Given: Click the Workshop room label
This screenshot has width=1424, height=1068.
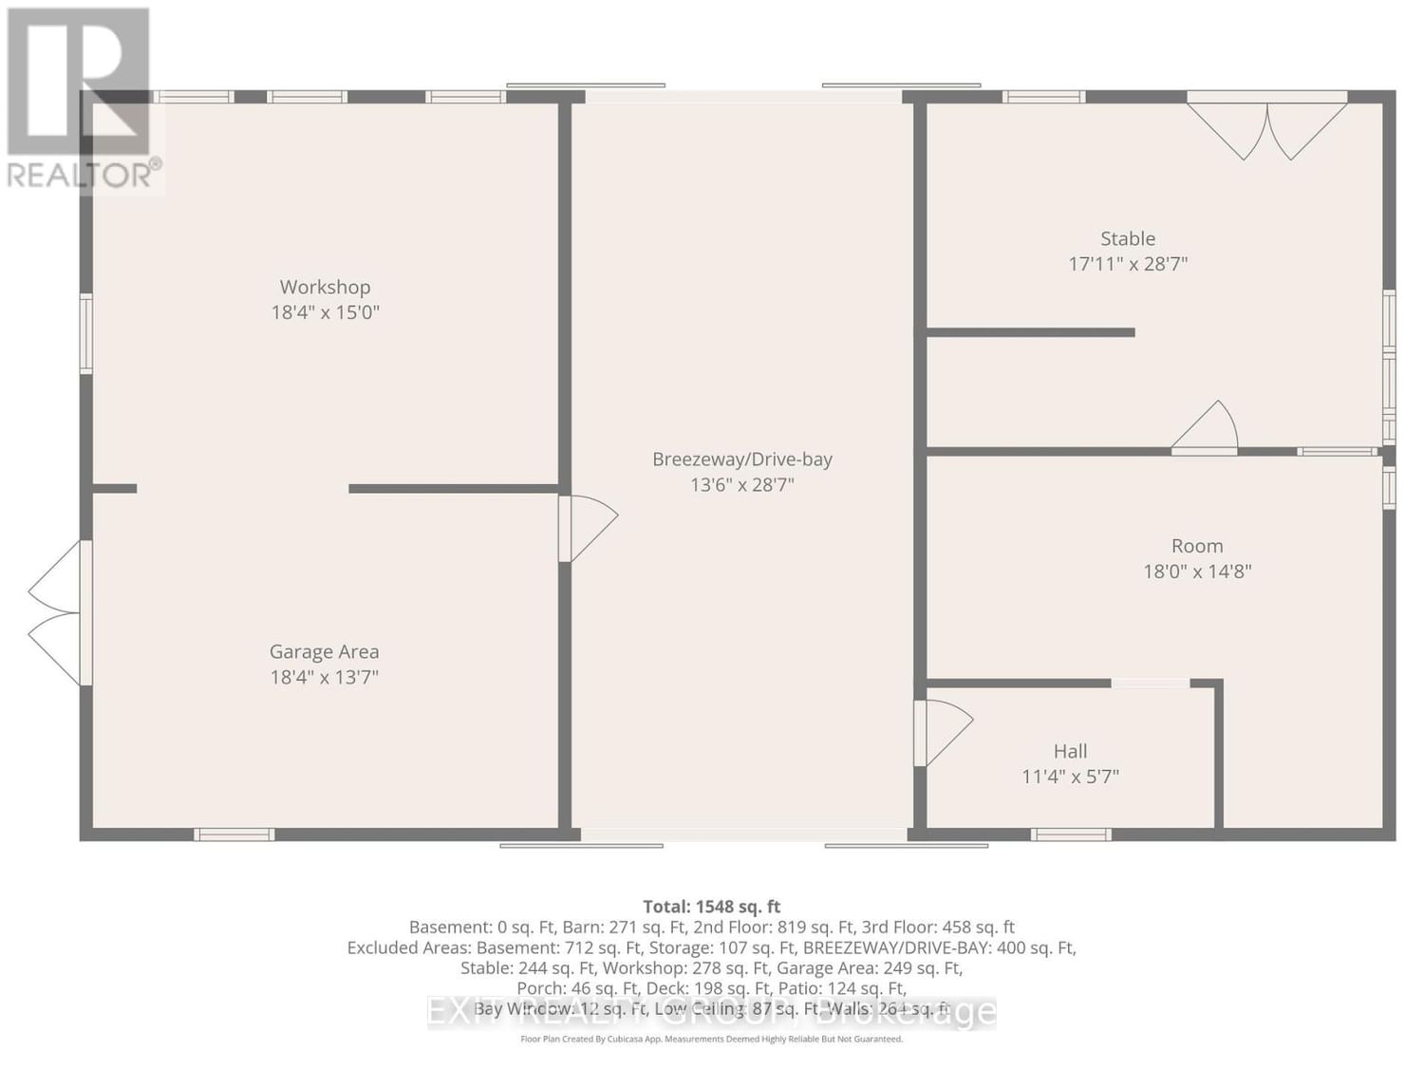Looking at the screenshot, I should [x=325, y=287].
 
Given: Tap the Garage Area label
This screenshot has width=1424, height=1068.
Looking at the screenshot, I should [x=324, y=652].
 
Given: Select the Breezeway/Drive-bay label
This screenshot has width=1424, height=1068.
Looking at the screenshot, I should [x=741, y=459].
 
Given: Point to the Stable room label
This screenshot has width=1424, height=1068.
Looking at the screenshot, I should [x=1128, y=239].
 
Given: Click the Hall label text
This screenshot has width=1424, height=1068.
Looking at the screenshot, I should [x=1070, y=751].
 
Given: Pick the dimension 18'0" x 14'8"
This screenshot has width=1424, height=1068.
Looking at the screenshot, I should [x=1197, y=571].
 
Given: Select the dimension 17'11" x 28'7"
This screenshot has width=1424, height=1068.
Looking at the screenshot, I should [x=1128, y=264].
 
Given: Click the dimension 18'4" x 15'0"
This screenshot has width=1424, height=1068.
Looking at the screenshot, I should [x=325, y=312].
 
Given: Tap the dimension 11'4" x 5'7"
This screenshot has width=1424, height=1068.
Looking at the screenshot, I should [x=1070, y=777].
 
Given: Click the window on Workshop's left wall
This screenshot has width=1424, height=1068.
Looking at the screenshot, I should [x=86, y=333].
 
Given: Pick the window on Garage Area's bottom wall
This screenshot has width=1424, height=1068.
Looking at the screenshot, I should [x=234, y=834].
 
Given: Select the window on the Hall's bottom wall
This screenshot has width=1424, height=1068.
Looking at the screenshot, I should [x=1071, y=834].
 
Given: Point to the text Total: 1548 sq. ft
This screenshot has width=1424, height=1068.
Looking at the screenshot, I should [x=711, y=907].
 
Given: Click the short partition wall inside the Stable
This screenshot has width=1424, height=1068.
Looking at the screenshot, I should [x=1030, y=332].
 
